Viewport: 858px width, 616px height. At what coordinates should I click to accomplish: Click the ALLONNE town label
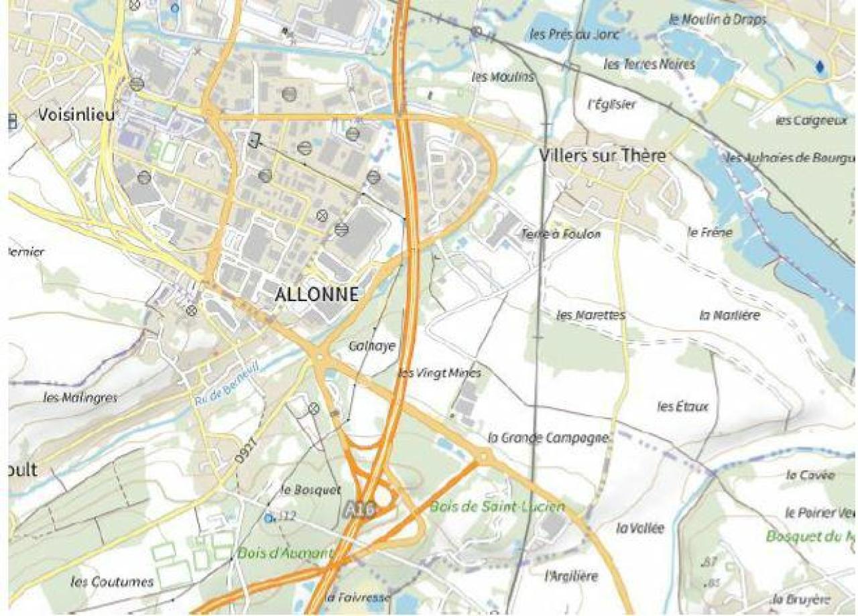click(316, 294)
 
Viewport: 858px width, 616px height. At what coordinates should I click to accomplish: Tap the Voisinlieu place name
click(76, 115)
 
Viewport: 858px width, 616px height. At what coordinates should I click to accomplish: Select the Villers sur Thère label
click(603, 156)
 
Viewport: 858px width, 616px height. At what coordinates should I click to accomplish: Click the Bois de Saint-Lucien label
click(497, 507)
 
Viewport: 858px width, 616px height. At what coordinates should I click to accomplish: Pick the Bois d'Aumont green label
click(285, 554)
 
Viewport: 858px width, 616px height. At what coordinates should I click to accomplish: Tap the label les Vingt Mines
click(440, 373)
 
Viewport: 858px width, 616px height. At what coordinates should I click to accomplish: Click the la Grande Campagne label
click(548, 438)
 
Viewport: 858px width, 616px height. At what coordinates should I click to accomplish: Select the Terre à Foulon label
click(561, 234)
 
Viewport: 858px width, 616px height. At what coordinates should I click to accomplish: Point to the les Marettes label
click(591, 315)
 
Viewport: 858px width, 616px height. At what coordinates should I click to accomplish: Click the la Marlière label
click(729, 315)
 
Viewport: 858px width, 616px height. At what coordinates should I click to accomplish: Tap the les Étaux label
click(682, 406)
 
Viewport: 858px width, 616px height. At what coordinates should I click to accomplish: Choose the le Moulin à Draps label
click(717, 20)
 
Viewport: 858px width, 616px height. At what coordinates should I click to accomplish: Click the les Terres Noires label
click(649, 64)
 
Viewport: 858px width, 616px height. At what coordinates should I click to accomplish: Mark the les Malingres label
click(80, 397)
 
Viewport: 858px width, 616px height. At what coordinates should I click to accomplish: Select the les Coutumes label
click(112, 581)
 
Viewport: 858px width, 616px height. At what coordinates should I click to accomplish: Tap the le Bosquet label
click(311, 490)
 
